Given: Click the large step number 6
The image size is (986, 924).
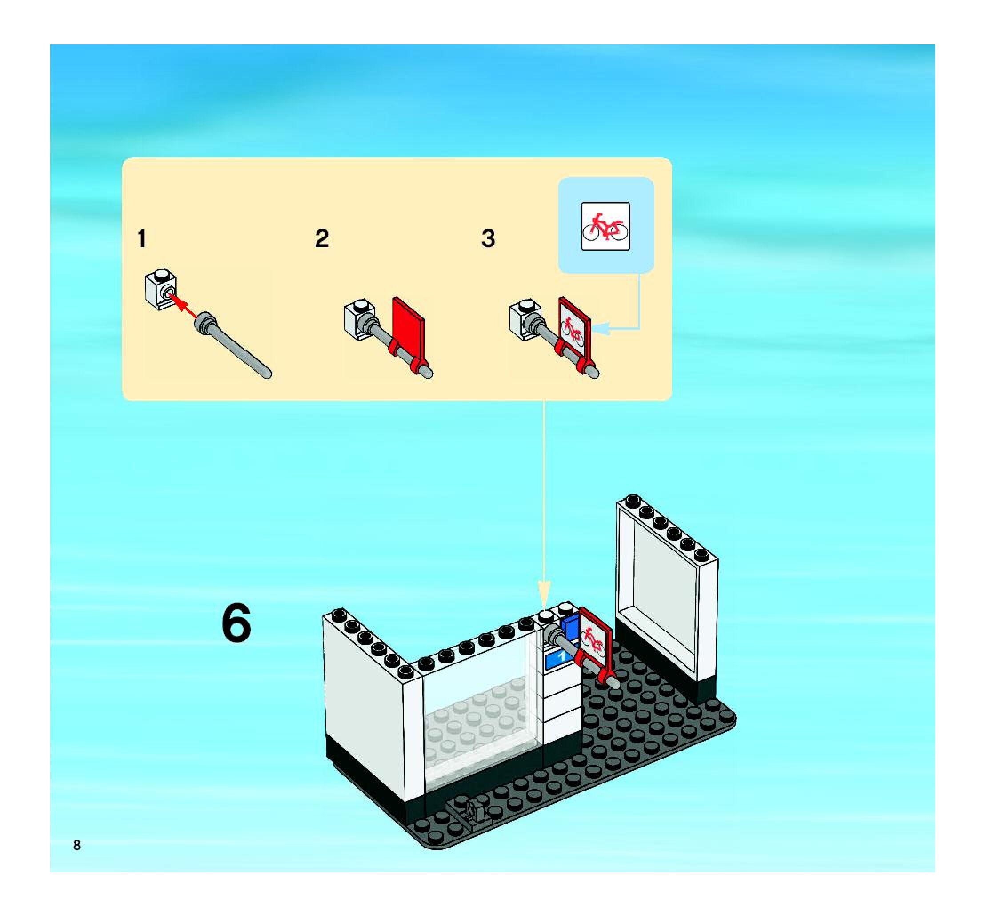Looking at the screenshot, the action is pos(236,623).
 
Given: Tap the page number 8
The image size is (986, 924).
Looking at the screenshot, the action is pos(77,845).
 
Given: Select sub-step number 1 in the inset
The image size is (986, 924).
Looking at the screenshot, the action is pos(142,239).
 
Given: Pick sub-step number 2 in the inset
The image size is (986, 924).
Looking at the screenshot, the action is pos(322,239).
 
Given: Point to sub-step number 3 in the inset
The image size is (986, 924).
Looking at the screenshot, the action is pos(488,239).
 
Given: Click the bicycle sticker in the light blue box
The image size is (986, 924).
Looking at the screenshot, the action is pos(605,226).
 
